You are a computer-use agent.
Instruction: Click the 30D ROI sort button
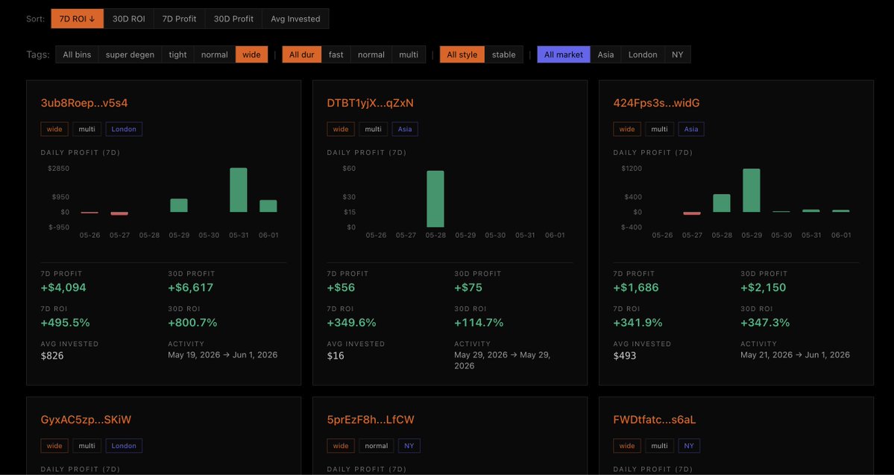(x=128, y=19)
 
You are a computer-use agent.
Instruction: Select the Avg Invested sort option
(x=295, y=19)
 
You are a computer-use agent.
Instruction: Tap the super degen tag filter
(x=130, y=54)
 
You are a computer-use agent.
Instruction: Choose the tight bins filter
(x=178, y=54)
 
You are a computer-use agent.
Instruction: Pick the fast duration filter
(x=336, y=54)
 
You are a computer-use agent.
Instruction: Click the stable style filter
(x=503, y=54)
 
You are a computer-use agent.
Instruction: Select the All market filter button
(x=563, y=54)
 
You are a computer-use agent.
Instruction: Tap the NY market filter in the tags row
(x=677, y=54)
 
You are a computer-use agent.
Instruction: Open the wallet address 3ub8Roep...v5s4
(x=84, y=103)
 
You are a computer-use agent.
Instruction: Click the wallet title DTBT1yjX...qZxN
(x=370, y=103)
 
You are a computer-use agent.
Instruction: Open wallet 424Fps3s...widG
(x=656, y=103)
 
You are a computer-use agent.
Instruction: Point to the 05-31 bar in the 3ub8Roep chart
(x=239, y=190)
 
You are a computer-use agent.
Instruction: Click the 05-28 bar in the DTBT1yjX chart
(x=435, y=199)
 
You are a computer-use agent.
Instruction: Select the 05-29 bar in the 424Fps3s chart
(x=752, y=190)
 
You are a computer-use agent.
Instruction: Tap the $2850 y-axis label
(x=59, y=169)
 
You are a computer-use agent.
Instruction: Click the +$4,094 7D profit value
(x=63, y=287)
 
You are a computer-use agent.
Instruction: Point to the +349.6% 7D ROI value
(x=351, y=323)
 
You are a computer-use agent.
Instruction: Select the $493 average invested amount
(x=624, y=356)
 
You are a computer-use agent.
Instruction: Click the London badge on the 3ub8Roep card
(x=124, y=129)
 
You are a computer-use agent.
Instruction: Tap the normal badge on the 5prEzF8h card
(x=377, y=446)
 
